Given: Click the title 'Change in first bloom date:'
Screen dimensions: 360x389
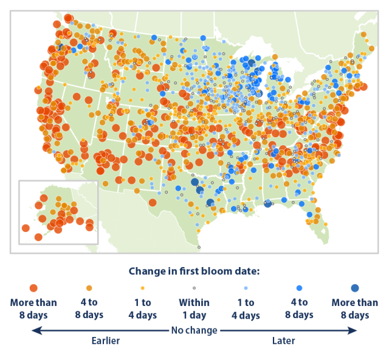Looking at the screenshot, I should [194, 270].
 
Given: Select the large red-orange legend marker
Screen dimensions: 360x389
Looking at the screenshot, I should [33, 288].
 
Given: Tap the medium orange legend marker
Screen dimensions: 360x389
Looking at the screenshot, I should [89, 288].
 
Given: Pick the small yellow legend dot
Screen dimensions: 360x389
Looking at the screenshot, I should [142, 288].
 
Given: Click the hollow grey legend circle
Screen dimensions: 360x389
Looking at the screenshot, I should [194, 288].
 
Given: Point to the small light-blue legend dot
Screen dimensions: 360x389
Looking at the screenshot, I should [246, 288].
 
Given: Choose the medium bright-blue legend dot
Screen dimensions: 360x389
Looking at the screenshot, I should [299, 288].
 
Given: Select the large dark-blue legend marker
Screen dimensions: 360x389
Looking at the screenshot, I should [354, 288].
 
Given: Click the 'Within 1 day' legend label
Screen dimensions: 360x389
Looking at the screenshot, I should [194, 308].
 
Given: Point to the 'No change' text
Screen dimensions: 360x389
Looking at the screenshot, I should [194, 330].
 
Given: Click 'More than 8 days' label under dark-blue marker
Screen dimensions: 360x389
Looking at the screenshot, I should [354, 308].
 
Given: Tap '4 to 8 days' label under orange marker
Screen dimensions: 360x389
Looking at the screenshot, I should [89, 308].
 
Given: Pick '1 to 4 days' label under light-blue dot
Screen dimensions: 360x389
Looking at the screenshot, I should [246, 308].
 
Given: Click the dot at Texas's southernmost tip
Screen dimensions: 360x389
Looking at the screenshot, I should [199, 247].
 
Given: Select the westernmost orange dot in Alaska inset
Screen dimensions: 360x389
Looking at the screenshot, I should [26, 228].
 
